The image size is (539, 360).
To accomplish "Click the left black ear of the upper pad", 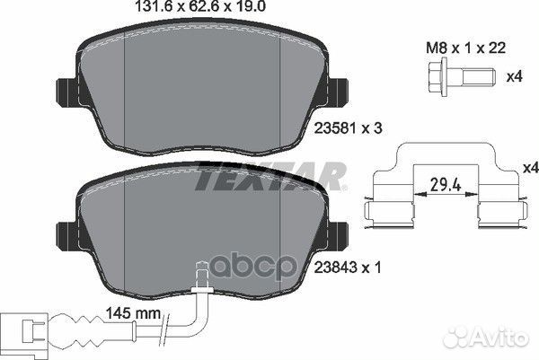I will pyautogui.click(x=67, y=92).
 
